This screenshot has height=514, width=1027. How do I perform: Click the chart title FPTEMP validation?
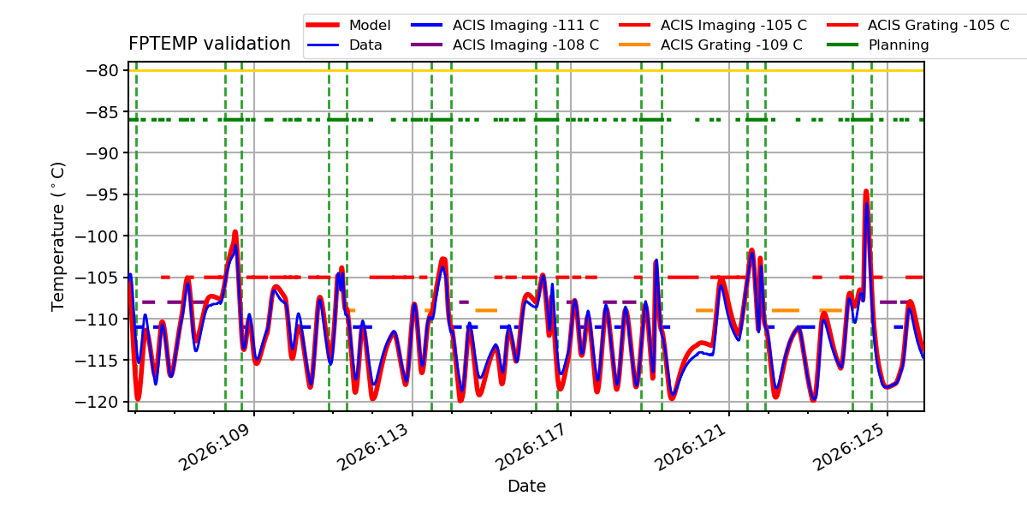point(210,44)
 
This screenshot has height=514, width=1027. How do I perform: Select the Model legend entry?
point(348,25)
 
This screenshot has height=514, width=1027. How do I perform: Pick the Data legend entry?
point(344,45)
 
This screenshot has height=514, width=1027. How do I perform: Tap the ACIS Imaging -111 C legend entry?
point(505,25)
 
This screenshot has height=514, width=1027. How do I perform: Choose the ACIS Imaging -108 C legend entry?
point(505,45)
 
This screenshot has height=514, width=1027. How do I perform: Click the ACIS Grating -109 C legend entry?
point(710,45)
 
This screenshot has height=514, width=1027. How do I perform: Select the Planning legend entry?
point(878,45)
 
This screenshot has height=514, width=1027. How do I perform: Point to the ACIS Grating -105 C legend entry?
point(918,25)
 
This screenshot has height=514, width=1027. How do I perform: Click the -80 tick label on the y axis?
point(102,70)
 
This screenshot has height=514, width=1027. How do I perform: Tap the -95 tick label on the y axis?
point(102,194)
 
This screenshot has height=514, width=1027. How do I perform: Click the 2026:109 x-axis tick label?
point(215,447)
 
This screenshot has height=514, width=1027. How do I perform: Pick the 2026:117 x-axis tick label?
point(531,447)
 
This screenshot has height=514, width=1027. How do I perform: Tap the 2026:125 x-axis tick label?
point(848,447)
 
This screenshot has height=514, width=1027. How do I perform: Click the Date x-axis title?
point(527,486)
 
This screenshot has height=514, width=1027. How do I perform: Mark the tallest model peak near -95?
point(866,192)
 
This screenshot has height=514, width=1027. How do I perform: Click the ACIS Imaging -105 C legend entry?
point(712,25)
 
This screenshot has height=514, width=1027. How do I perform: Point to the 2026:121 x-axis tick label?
point(690,447)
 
